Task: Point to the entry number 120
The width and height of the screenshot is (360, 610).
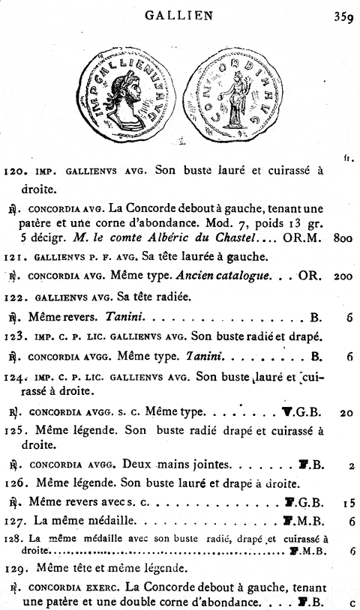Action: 16,171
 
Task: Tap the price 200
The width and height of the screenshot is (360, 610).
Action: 343,277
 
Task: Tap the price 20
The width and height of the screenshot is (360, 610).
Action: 346,413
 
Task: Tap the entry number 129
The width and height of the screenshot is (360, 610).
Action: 16,569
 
